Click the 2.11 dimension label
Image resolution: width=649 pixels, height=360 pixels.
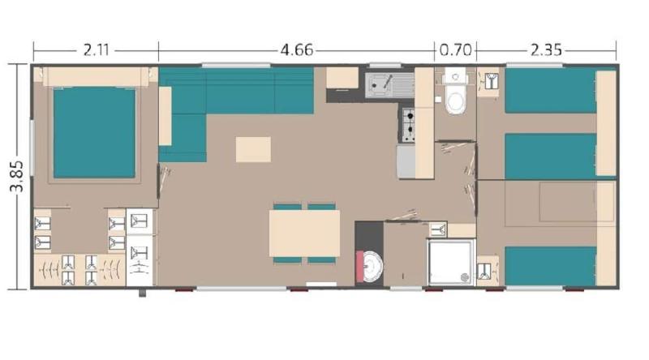click(x=96, y=50)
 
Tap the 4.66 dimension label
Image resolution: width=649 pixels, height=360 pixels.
click(x=297, y=50)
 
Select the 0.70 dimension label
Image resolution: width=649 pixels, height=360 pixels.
click(x=455, y=50)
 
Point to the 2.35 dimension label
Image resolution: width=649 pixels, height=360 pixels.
click(x=546, y=50)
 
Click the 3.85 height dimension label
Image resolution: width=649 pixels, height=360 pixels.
click(x=17, y=176)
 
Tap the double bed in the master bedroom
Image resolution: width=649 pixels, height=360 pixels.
click(x=94, y=132)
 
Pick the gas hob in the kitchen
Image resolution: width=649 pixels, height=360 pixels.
click(x=408, y=125)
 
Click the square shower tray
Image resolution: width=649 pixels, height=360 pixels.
click(x=450, y=262)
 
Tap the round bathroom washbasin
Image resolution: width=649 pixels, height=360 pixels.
click(x=372, y=267)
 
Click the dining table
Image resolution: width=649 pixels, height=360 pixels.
click(x=305, y=234)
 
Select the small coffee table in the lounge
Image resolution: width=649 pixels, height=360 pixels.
click(x=253, y=149)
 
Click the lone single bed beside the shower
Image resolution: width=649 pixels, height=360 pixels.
click(x=551, y=266)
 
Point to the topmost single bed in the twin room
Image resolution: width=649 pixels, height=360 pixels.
click(x=551, y=91)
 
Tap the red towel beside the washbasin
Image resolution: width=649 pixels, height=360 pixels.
click(x=359, y=266)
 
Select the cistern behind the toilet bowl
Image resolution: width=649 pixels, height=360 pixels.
click(x=455, y=77)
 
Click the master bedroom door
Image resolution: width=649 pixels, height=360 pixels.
click(x=158, y=181)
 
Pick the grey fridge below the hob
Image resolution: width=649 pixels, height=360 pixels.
click(x=406, y=161)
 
